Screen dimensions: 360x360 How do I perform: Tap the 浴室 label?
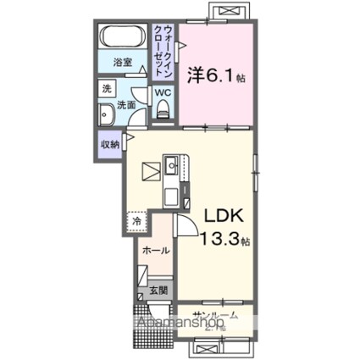[x=125, y=62]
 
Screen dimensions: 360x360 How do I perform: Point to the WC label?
[x=163, y=92]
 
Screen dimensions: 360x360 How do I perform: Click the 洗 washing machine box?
[x=107, y=88]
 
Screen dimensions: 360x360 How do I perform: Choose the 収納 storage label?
[x=109, y=143]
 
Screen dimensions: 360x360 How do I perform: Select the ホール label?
[x=154, y=251]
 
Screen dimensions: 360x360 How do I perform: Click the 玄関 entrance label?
[x=158, y=290]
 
